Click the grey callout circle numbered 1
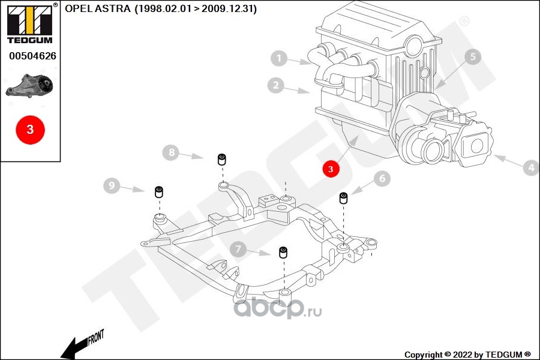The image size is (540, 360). coord(278,58)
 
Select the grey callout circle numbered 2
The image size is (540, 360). coord(276,85)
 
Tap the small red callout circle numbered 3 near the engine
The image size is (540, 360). coord(331,169)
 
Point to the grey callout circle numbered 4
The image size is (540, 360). coord(531,168)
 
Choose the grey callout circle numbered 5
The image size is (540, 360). coord(473,56)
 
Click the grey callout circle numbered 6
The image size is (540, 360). coord(382,178)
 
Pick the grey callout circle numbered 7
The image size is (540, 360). coord(238,249)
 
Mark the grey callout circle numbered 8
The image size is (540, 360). coord(171,152)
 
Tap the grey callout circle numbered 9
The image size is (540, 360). coord(112,185)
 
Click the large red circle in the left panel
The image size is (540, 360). coord(31,130)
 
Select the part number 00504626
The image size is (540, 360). coord(33,56)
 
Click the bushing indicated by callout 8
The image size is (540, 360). coord(222,160)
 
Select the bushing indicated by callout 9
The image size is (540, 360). coord(159,192)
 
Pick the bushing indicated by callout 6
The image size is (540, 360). coord(343,198)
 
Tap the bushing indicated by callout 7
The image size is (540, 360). coord(283,252)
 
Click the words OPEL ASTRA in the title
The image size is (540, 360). coord(98,8)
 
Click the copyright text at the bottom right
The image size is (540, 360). coord(467,355)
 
